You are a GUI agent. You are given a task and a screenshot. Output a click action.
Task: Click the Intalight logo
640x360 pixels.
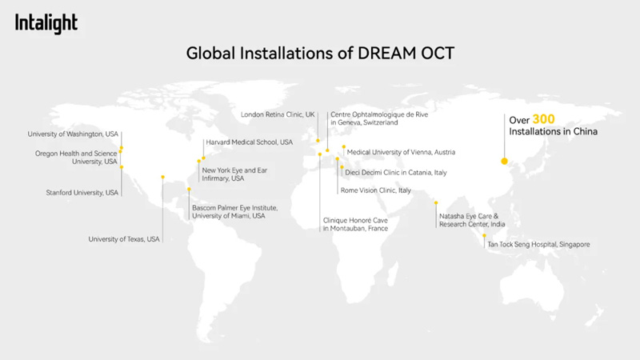[46, 23]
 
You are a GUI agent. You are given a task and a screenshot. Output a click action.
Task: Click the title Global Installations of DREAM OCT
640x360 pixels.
[320, 53]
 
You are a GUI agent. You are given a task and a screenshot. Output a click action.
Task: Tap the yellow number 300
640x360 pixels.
[543, 119]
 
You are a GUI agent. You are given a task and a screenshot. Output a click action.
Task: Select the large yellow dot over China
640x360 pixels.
[505, 162]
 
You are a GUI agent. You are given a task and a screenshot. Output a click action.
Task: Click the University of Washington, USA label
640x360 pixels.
[73, 134]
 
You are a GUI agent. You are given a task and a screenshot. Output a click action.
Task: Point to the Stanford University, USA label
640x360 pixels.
[82, 193]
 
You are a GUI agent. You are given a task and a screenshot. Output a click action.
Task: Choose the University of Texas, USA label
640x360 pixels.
[124, 239]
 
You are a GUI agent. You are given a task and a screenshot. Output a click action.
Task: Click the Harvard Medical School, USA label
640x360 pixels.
[250, 142]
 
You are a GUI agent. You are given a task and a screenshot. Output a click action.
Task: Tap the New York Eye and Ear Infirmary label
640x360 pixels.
[234, 174]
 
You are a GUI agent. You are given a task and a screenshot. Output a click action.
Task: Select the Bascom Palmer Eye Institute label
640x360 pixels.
[234, 212]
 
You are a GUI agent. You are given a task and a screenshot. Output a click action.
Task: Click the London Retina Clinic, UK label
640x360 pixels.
[278, 114]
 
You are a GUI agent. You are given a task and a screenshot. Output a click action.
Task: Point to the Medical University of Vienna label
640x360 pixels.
[401, 152]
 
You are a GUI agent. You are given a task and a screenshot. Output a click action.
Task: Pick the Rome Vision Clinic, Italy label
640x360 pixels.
[375, 190]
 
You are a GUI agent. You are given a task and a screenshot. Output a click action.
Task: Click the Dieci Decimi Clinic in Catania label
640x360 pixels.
[396, 173]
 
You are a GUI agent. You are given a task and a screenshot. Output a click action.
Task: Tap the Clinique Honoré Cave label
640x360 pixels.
[355, 224]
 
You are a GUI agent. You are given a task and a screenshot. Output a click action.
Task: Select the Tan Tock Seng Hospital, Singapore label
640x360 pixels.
[538, 245]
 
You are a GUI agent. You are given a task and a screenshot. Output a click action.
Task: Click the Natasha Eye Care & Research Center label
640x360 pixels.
[472, 220]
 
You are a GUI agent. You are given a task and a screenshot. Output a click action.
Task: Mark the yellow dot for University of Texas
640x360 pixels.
[163, 177]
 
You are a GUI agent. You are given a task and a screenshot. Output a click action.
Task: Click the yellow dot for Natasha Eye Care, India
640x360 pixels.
[436, 203]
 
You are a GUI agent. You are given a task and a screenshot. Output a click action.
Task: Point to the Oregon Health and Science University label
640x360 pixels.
[76, 158]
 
